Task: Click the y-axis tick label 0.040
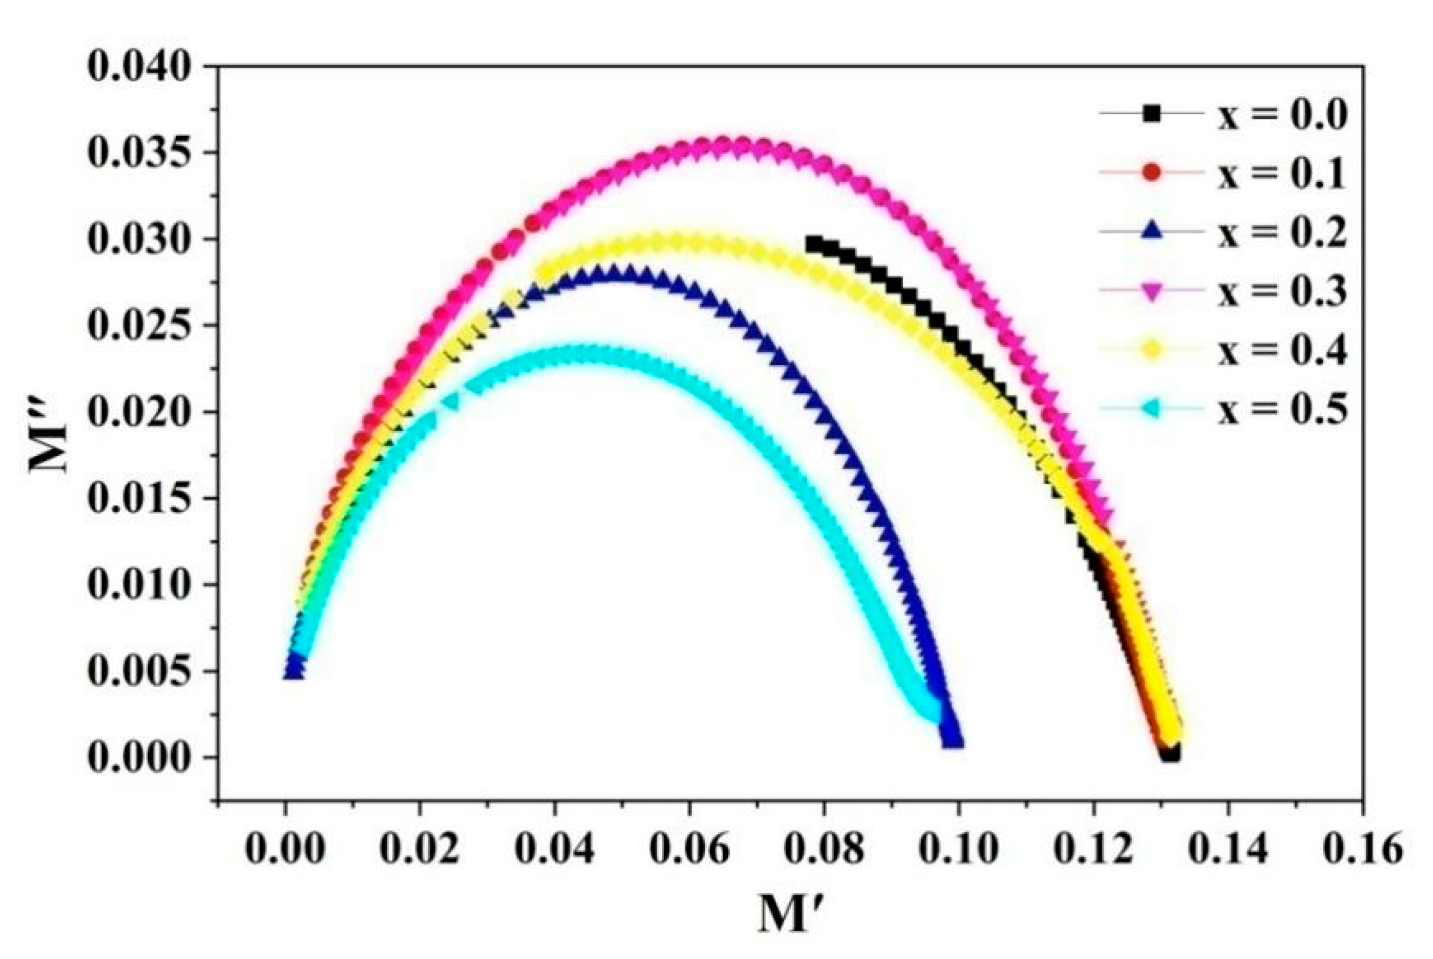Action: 140,66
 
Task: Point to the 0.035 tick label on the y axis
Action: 140,152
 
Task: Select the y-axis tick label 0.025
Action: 140,325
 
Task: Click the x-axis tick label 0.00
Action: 284,850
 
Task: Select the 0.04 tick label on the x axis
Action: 554,850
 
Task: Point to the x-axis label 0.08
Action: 824,850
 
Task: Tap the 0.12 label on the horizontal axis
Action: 1094,850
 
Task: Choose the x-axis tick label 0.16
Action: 1363,850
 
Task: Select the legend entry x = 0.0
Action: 1282,114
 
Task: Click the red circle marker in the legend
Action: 1151,173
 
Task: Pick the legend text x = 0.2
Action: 1282,232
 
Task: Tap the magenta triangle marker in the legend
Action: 1151,292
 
